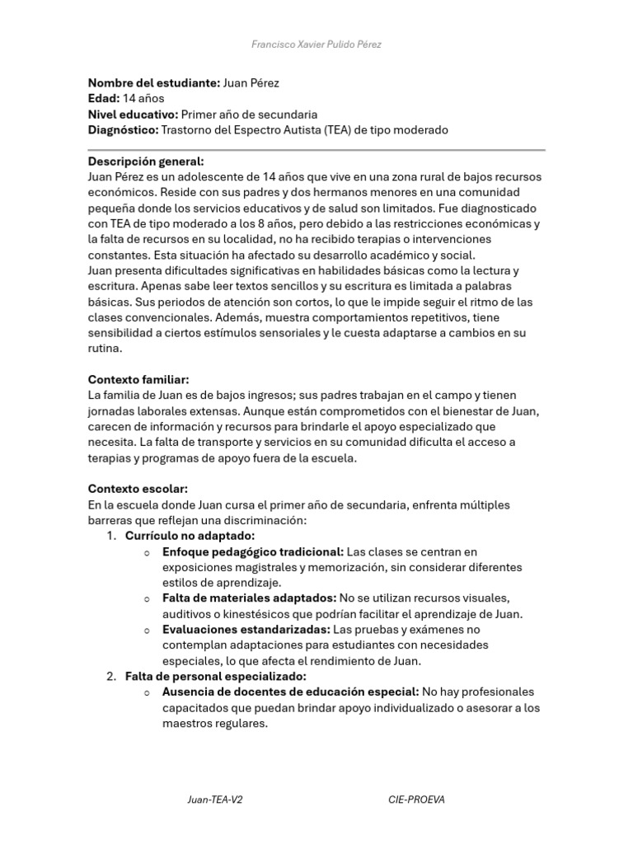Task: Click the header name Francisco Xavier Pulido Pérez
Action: coord(316,44)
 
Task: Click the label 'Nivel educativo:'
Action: coord(133,115)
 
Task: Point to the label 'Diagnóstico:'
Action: coord(123,130)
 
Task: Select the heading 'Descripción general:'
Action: coord(146,162)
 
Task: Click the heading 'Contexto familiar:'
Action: coord(138,379)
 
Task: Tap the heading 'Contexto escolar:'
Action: coord(138,489)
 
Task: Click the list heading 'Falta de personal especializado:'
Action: coord(215,677)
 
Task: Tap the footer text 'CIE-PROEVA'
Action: coord(416,800)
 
